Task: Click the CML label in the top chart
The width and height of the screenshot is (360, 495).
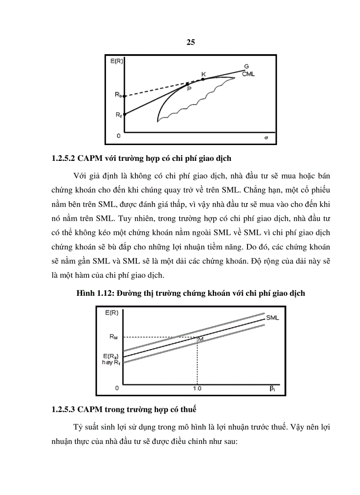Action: [x=248, y=74]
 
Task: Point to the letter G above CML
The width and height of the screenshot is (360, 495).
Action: [x=246, y=67]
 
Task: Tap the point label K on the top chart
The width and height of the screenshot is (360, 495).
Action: [x=203, y=74]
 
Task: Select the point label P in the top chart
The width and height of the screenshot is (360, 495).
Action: [x=189, y=89]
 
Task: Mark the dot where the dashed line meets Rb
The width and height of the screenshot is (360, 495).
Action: [x=124, y=96]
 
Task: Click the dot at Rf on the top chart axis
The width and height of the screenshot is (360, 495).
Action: [x=124, y=115]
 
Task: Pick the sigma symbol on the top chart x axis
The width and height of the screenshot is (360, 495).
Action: [x=266, y=138]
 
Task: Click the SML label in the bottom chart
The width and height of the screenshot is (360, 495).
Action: [x=272, y=317]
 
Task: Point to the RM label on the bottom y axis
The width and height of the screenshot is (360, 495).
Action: [x=114, y=337]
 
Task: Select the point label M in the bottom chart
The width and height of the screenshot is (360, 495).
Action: [x=200, y=339]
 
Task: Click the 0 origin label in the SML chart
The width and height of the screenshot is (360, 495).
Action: [x=117, y=388]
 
